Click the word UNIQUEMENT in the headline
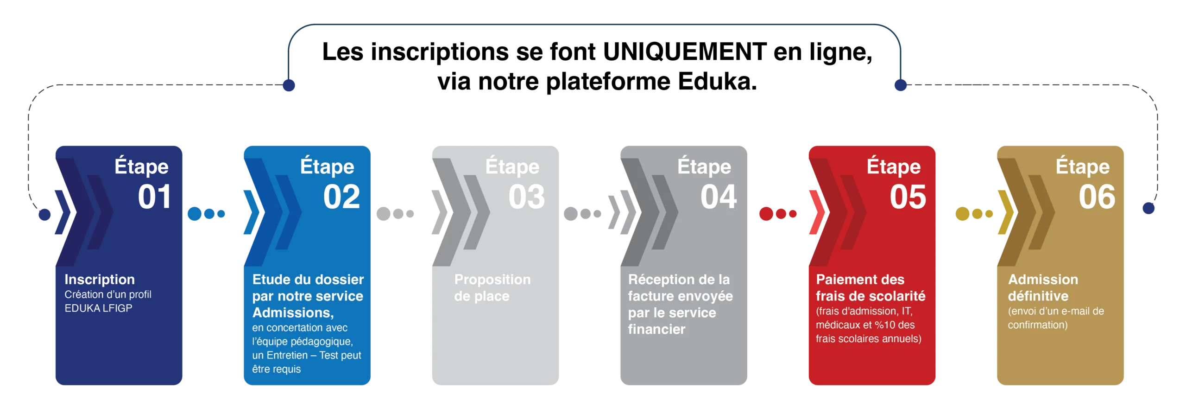(x=685, y=51)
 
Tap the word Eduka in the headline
(x=717, y=81)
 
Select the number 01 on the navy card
(x=154, y=197)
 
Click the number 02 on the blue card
(x=341, y=197)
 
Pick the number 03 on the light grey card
(x=527, y=197)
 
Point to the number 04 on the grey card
(x=719, y=197)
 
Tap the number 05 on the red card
(x=908, y=197)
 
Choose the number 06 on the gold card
(x=1097, y=197)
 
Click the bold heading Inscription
(x=100, y=280)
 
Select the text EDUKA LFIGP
(x=98, y=308)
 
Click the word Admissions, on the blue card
(x=293, y=313)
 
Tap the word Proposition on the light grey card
(x=492, y=280)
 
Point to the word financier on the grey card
(x=656, y=329)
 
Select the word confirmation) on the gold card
(x=1038, y=325)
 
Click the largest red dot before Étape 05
(x=766, y=214)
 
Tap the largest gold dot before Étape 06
(x=962, y=214)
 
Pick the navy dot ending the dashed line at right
(x=1148, y=208)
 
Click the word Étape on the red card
(x=894, y=166)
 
